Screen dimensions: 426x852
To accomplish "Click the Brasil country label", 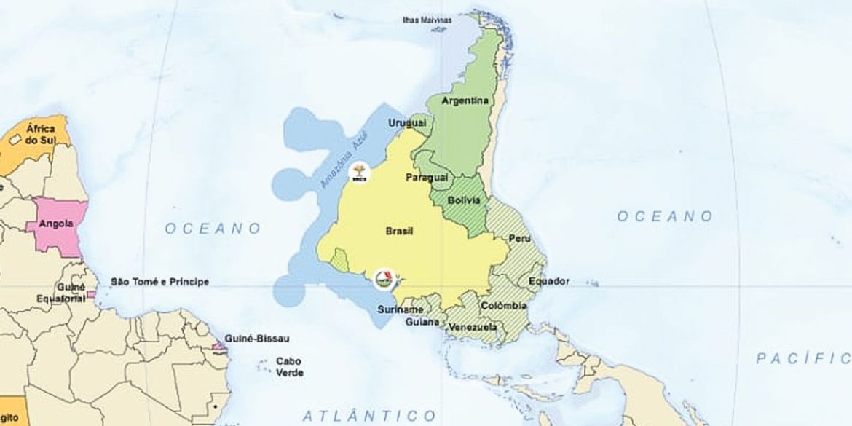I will (398, 232).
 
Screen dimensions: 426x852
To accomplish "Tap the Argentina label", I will (465, 100).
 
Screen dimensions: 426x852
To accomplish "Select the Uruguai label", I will (406, 123).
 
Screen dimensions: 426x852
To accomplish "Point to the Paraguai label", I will (426, 177).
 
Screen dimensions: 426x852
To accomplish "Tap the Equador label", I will (549, 281).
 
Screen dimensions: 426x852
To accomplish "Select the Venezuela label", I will (472, 327).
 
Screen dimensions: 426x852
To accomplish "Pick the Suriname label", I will (401, 310).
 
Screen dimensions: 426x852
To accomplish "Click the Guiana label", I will (422, 321).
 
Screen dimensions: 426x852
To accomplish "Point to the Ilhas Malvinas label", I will (427, 20).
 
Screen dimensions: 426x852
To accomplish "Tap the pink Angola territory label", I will (55, 224).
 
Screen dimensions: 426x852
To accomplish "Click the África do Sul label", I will (41, 134).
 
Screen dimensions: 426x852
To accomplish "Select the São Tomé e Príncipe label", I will (159, 282).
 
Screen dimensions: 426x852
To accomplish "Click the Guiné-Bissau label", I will (257, 339).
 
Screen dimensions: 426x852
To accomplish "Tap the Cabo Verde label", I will (289, 367).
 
